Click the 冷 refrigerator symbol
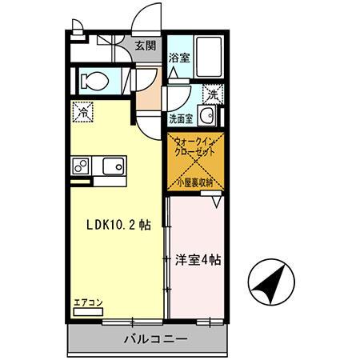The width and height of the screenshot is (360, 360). tap(82, 112)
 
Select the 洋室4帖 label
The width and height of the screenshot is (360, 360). tap(198, 260)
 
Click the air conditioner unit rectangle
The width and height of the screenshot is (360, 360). tap(86, 313)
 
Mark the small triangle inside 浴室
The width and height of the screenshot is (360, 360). tap(173, 71)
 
